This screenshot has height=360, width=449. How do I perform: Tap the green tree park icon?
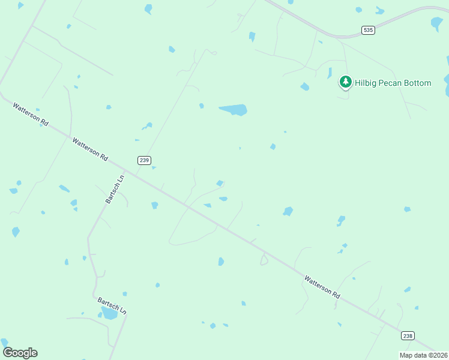[x=345, y=82]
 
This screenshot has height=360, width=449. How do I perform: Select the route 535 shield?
[x=368, y=29]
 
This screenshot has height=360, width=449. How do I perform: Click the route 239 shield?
[x=143, y=160]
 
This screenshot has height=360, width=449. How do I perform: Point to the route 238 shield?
[x=408, y=335]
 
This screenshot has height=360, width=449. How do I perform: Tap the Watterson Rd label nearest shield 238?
[x=322, y=287]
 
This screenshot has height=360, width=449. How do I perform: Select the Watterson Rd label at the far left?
[x=31, y=112]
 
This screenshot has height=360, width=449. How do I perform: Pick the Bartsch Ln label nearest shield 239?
[x=115, y=189]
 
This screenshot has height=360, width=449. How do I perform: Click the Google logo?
[x=20, y=353]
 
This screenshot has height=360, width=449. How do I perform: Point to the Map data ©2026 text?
[x=423, y=355]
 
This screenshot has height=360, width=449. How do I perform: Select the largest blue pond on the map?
[x=234, y=110]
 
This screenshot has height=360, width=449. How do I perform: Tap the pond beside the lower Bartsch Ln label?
[x=110, y=314]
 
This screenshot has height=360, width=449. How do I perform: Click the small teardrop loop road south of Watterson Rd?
[x=264, y=259]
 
